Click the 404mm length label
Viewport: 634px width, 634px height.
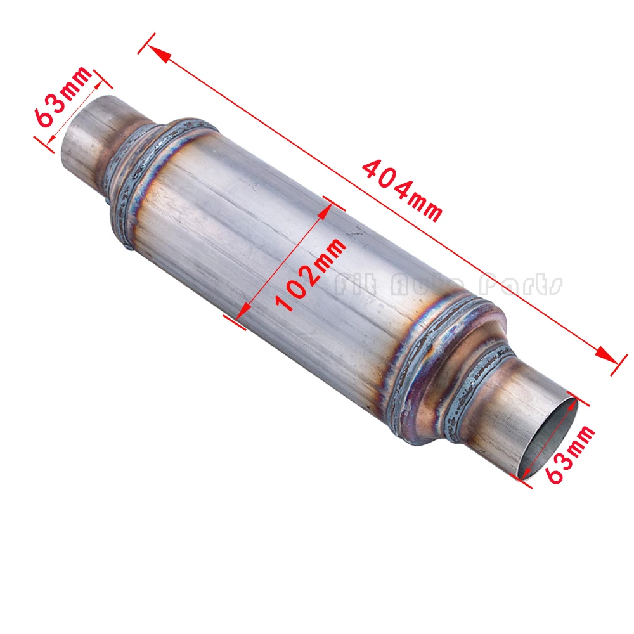pos(401,190)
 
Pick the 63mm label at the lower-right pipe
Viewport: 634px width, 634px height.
pos(571,455)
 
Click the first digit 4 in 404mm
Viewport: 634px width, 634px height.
pos(372,170)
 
